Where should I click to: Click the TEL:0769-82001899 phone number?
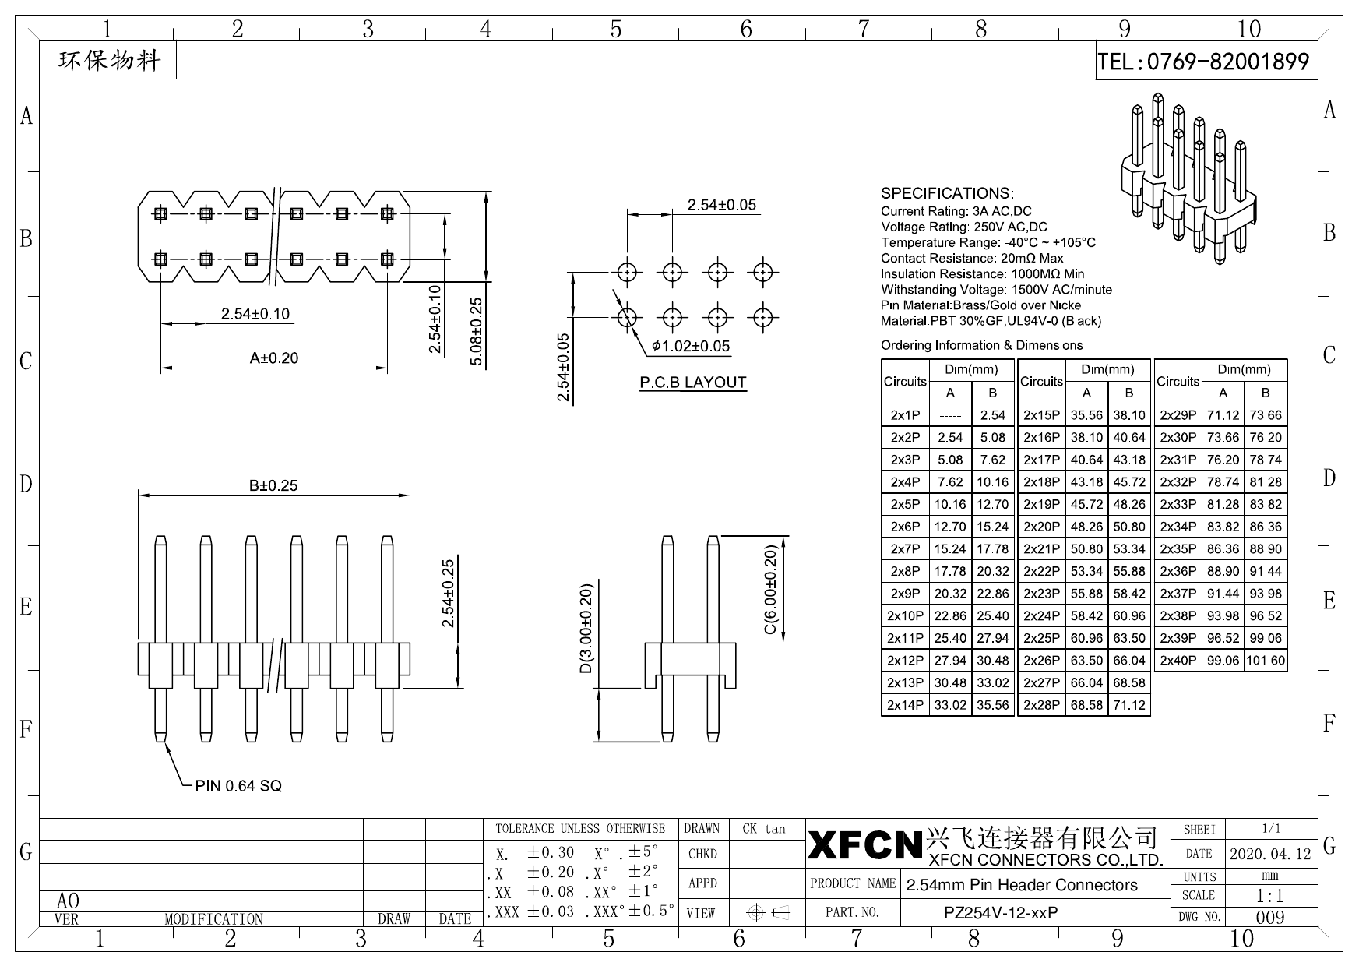coord(1204,62)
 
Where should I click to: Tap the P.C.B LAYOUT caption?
coord(692,383)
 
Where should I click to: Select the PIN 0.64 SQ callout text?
coord(238,786)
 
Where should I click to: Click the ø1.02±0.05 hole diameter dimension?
coord(691,346)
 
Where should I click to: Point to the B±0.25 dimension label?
coord(273,485)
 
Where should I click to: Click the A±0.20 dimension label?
coord(273,358)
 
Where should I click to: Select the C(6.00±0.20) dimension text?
coord(770,590)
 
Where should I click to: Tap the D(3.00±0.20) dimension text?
coord(586,629)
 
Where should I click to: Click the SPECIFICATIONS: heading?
coord(947,193)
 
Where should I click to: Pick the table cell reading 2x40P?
coord(1178,660)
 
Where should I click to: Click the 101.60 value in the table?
coord(1266,660)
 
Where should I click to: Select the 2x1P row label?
coord(905,415)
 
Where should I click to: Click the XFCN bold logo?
coord(864,845)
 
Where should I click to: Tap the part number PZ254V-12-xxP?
coord(1001,912)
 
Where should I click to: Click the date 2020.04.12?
coord(1270,854)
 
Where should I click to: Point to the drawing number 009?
coord(1270,917)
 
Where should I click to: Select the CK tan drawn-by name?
coord(764,829)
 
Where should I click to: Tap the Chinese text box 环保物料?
coord(108,61)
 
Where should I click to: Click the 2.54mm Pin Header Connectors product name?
coord(1022,885)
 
